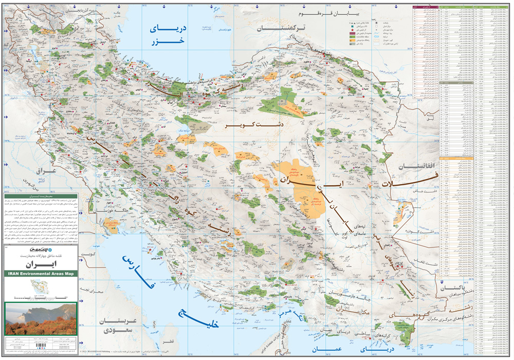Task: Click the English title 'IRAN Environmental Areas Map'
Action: (x=41, y=274)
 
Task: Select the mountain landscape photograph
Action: (x=41, y=319)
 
